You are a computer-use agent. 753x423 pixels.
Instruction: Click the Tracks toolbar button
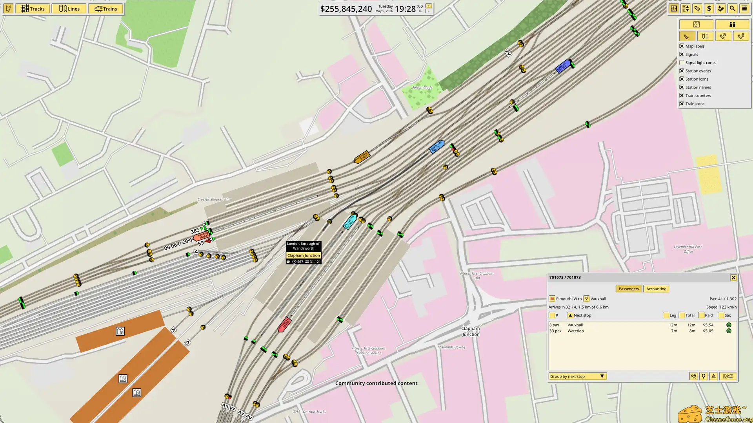(x=33, y=9)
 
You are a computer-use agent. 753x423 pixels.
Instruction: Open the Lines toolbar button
(x=69, y=9)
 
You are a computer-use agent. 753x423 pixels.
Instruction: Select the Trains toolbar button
(x=106, y=9)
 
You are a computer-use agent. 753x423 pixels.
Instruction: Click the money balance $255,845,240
(x=346, y=9)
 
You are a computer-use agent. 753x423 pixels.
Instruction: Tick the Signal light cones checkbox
(x=682, y=63)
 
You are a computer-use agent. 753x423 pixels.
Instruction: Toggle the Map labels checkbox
(x=682, y=46)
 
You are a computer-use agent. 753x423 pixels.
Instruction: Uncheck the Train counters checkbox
(x=682, y=96)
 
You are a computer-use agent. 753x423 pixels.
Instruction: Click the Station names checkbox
(x=682, y=87)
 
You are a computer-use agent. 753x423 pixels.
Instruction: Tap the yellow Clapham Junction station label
(x=304, y=255)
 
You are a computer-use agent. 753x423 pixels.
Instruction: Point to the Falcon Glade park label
(x=422, y=88)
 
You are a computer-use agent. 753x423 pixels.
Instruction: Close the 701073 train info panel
(x=733, y=278)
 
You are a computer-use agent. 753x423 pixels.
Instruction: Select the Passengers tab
(x=629, y=289)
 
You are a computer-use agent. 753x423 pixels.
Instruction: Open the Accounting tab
(x=656, y=289)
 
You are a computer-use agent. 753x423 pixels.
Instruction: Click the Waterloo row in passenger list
(x=575, y=331)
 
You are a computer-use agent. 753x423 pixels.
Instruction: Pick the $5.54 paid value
(x=708, y=325)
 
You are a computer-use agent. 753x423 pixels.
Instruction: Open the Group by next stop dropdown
(x=577, y=376)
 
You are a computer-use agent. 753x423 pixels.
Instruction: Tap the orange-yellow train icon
(x=362, y=157)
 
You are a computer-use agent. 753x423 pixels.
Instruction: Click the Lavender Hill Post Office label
(x=688, y=249)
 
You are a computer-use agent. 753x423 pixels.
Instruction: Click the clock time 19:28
(x=405, y=9)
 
